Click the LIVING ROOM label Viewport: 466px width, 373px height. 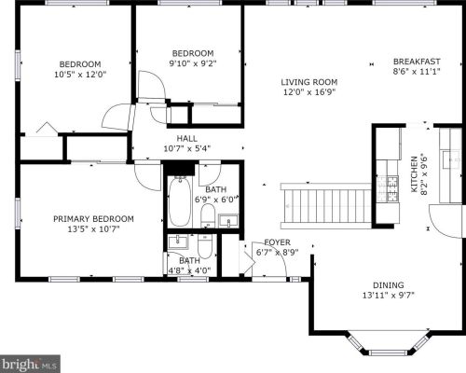(x=309, y=82)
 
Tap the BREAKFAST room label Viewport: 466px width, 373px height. (x=417, y=62)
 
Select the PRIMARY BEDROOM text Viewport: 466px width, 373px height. (x=93, y=219)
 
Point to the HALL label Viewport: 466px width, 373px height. (x=187, y=138)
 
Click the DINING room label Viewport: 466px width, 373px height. (x=389, y=284)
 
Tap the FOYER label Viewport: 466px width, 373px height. (x=277, y=242)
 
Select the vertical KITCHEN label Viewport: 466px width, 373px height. (x=414, y=174)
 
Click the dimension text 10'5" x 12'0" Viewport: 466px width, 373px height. (x=80, y=75)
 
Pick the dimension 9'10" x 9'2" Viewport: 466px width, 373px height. (x=193, y=63)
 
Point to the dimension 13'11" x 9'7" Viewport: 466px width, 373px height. (x=389, y=295)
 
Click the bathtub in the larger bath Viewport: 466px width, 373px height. (x=179, y=201)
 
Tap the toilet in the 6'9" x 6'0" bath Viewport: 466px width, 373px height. (x=208, y=215)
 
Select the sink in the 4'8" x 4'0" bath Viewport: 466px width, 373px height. (x=178, y=242)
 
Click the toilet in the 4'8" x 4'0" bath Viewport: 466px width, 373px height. (x=205, y=246)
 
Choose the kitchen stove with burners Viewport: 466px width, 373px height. (x=388, y=188)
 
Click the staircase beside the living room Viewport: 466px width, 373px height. (x=326, y=206)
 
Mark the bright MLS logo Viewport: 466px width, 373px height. (x=30, y=364)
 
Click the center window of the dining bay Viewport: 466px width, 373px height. (x=390, y=352)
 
